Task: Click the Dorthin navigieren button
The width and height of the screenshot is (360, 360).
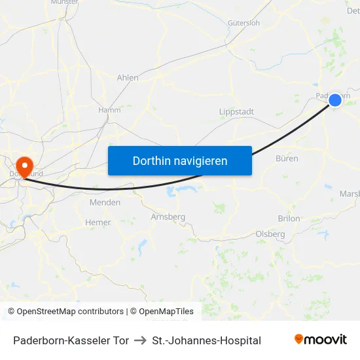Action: click(180, 160)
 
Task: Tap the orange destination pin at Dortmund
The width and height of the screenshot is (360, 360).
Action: click(25, 166)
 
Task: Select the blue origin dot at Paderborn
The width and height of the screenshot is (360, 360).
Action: click(334, 99)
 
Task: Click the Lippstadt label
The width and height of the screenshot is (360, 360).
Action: click(236, 112)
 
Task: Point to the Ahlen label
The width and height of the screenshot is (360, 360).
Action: click(127, 77)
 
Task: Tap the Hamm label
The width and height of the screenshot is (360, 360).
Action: click(109, 110)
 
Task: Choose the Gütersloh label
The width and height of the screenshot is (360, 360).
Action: click(243, 22)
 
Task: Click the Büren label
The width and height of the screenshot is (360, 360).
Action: click(287, 158)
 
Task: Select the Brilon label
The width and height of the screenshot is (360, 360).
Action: click(289, 219)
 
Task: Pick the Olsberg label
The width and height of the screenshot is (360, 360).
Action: click(270, 234)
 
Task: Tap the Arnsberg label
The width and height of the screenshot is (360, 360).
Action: click(168, 217)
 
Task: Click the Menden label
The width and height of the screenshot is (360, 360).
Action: click(105, 202)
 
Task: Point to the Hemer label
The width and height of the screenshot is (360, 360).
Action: click(98, 223)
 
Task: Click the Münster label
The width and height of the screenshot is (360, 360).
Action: click(64, 3)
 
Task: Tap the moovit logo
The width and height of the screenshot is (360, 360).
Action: click(321, 340)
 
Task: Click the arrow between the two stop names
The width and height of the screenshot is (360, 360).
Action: click(140, 340)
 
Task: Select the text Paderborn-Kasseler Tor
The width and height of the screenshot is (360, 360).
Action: click(71, 340)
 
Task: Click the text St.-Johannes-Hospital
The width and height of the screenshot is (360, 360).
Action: click(206, 340)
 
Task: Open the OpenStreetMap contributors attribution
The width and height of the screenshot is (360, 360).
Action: click(65, 312)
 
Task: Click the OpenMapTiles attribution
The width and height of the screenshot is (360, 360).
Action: click(166, 312)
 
